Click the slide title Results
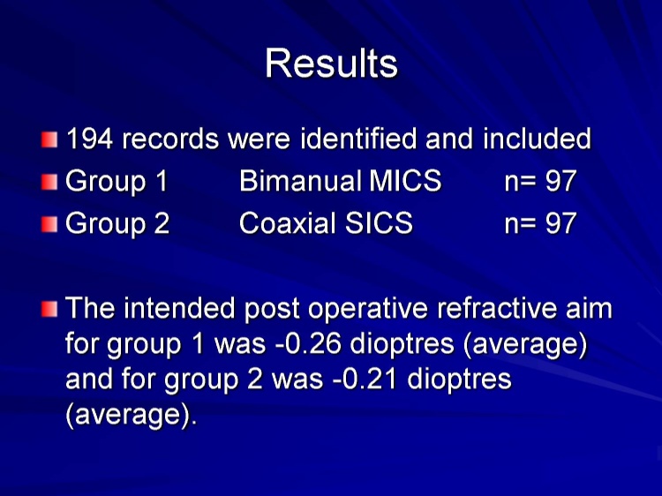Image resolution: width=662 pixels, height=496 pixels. tap(331, 64)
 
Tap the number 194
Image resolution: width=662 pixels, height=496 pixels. tap(89, 139)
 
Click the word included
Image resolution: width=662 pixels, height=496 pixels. tap(537, 139)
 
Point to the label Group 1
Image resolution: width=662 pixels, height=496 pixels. tap(117, 182)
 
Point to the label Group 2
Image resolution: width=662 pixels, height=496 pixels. tap(117, 223)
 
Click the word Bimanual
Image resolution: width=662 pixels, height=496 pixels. tap(301, 181)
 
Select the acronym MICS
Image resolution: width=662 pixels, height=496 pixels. tap(405, 181)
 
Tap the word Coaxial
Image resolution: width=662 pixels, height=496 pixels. tap(289, 223)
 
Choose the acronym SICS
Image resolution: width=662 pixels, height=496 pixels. tap(379, 223)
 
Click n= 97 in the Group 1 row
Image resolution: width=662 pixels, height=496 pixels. tap(540, 182)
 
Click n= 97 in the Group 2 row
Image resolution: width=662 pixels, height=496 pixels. tap(540, 223)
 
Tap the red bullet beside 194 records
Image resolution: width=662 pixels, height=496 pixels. tap(49, 139)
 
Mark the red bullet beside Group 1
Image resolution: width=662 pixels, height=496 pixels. tap(49, 183)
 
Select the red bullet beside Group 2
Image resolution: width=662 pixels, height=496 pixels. tap(49, 224)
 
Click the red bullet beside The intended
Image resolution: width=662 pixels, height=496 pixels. tap(49, 309)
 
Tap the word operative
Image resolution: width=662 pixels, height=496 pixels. tap(368, 309)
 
